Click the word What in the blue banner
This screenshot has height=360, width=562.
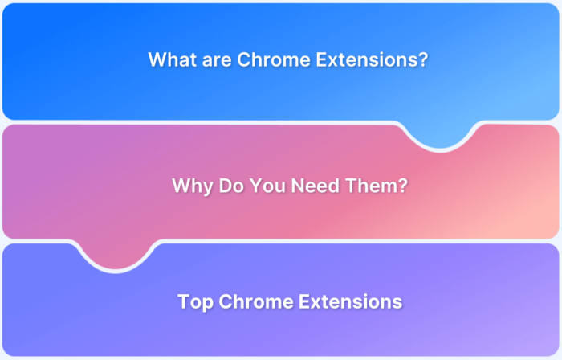(x=172, y=59)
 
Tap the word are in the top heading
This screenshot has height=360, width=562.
(x=216, y=59)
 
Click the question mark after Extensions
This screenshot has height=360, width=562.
(x=422, y=59)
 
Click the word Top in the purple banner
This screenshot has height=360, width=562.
(x=195, y=302)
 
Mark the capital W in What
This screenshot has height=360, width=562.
(x=157, y=59)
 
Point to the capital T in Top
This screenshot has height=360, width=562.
(x=183, y=302)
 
